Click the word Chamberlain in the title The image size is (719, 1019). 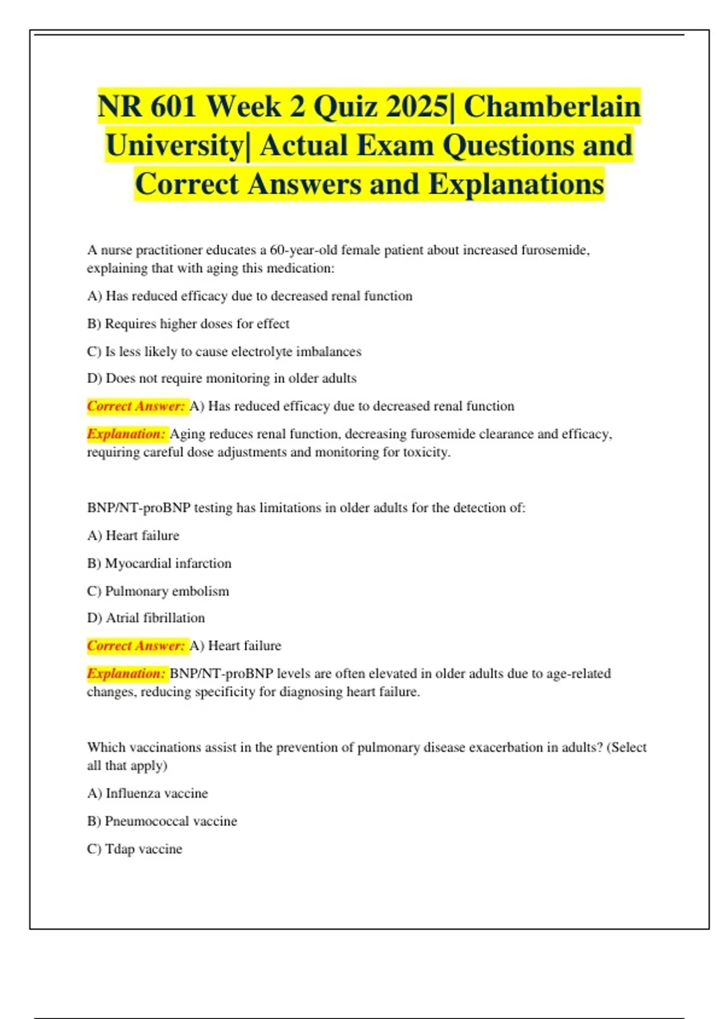coord(552,107)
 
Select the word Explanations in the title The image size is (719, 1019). coord(516,184)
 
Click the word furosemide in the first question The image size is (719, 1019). coord(554,250)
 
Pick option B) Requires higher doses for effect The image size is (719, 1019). coord(188,324)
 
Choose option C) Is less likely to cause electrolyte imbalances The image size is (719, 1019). coord(224,351)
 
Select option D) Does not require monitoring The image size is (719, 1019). coord(222,378)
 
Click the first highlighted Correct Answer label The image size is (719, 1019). coord(136,406)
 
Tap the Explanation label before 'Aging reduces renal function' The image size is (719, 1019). coord(126,434)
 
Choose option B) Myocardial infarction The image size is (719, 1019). coord(159,563)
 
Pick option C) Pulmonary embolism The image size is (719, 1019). coord(158,591)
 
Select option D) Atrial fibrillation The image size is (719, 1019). coord(146,618)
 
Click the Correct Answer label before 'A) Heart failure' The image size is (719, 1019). coord(136,646)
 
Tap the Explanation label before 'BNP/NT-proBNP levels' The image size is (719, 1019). coord(126,674)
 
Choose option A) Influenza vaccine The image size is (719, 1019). coord(147,794)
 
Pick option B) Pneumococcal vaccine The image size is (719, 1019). coord(162,821)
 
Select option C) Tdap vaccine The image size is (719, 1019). coord(135,849)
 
